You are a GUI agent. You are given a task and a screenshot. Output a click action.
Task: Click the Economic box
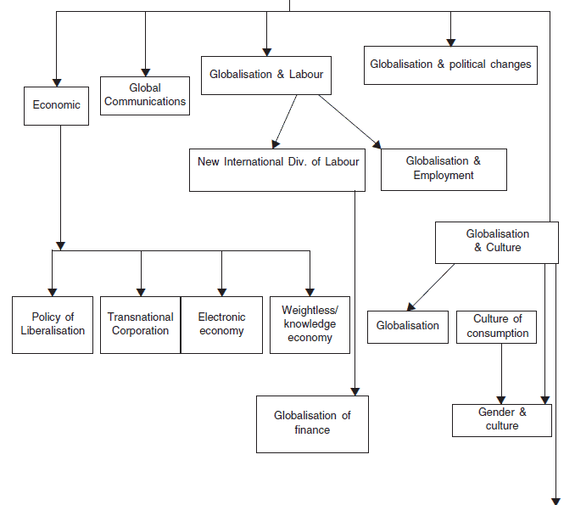tap(57, 106)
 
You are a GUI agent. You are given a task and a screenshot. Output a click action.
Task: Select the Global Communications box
tap(145, 96)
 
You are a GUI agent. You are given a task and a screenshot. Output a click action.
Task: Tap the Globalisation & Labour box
tap(266, 76)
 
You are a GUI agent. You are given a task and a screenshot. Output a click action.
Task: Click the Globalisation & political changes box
tap(450, 65)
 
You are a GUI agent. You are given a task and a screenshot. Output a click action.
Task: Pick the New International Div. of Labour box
tap(277, 170)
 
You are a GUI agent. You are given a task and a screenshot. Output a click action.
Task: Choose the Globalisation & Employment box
tap(444, 170)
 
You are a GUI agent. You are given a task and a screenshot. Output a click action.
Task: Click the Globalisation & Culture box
tap(497, 243)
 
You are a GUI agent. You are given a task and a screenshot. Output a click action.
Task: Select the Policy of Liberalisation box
tap(53, 325)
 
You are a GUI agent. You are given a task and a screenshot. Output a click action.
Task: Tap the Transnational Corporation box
tap(141, 325)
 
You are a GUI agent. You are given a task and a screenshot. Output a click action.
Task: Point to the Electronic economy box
tap(222, 325)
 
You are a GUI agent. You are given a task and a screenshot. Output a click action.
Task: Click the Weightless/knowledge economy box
tap(310, 325)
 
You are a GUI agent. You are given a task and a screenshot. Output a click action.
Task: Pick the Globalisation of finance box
tap(312, 424)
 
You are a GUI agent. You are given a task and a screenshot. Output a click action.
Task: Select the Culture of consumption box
tap(496, 328)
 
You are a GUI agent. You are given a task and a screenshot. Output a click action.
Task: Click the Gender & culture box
tap(502, 421)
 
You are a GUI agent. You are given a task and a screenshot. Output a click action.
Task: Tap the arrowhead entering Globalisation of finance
tap(355, 391)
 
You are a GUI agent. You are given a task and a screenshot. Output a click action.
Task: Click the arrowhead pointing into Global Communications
tap(146, 72)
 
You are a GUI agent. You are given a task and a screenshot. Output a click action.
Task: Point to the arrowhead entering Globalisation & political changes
tap(450, 42)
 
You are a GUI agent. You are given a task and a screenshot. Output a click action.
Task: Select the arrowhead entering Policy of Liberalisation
tap(53, 293)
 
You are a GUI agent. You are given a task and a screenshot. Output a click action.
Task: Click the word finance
tap(312, 429)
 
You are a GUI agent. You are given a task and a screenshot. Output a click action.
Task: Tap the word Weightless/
tap(310, 310)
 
